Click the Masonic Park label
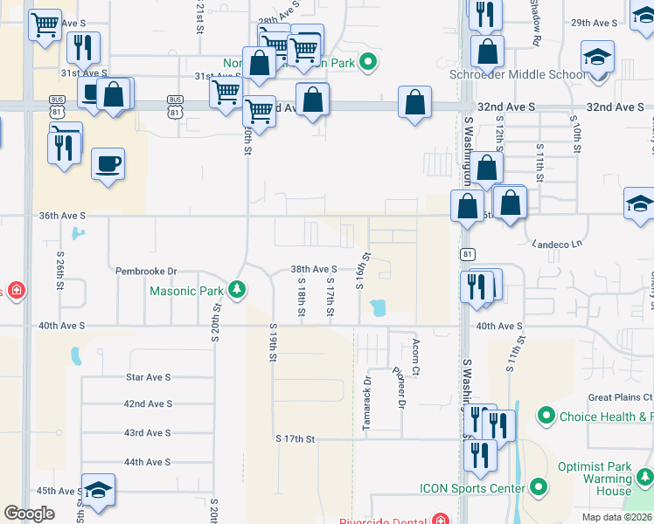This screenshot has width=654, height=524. coord(186,291)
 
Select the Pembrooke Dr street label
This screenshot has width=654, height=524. coord(146,272)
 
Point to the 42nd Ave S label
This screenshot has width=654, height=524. coord(148,404)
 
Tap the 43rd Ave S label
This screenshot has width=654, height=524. coord(148,433)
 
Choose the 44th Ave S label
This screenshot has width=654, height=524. coord(148,462)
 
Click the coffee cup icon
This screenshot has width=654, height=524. coord(108,165)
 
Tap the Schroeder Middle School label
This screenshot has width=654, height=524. coord(518,74)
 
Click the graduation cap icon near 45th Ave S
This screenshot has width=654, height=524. coord(98,491)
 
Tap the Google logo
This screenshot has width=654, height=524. coord(29,514)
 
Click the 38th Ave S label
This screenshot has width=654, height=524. coord(314,270)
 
